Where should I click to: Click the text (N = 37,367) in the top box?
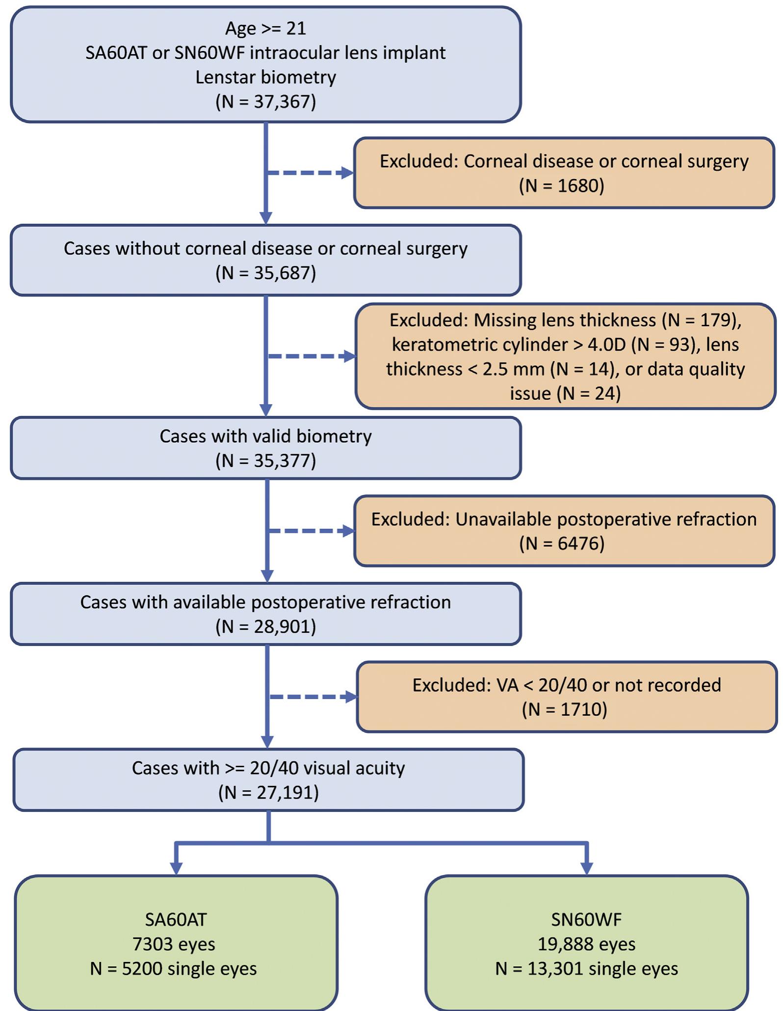[265, 102]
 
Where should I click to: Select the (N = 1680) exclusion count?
[561, 185]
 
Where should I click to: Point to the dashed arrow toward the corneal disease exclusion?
[309, 173]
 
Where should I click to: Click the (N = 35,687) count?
[265, 273]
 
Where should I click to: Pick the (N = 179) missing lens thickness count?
[701, 320]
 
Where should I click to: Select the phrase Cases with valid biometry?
[265, 436]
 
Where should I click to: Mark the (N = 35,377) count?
[265, 461]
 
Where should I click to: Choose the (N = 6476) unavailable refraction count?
[561, 543]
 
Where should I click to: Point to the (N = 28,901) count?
[265, 626]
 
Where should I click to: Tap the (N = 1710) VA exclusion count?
[564, 709]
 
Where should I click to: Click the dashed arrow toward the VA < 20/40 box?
[312, 697]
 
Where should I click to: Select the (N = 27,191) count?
[268, 792]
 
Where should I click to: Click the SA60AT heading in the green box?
[176, 919]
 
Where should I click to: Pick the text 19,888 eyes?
[586, 943]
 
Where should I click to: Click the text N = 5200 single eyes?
[173, 968]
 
